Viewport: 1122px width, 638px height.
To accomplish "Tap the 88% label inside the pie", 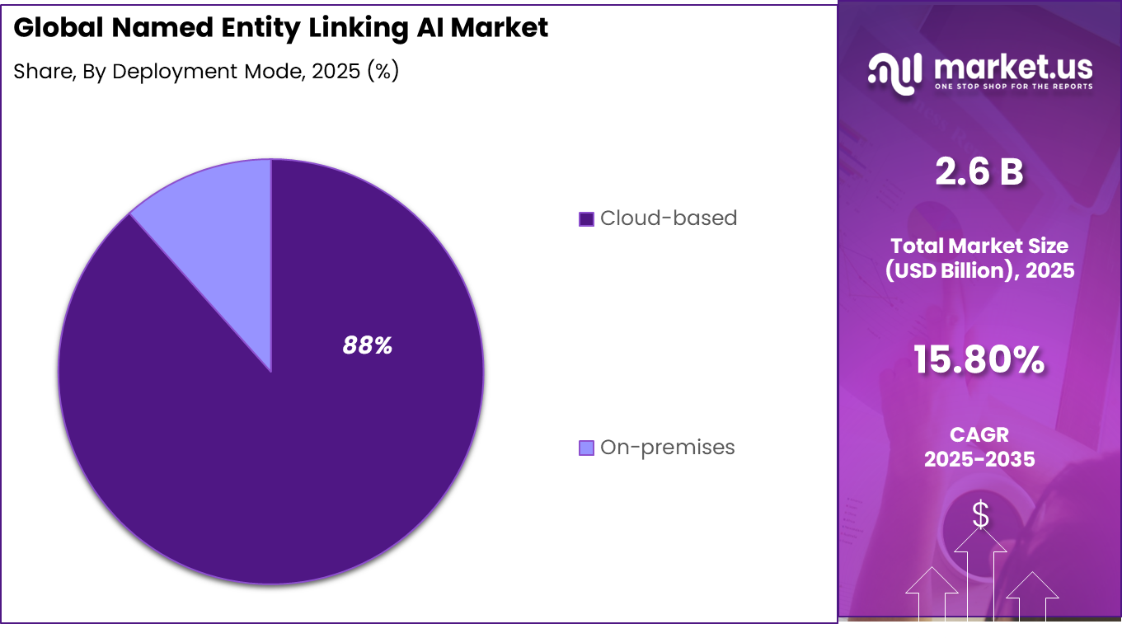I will click(367, 345).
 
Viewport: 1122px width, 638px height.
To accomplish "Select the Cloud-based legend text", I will click(668, 218).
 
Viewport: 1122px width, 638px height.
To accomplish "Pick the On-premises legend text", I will click(667, 448).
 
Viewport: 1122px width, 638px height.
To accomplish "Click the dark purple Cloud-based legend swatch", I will click(586, 219).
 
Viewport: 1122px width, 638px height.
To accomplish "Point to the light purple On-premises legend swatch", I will click(586, 448).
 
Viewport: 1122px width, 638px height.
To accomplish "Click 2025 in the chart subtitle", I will click(332, 72).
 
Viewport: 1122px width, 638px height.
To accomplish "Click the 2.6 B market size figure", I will click(979, 172).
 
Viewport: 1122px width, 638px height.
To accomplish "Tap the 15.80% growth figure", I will click(979, 360).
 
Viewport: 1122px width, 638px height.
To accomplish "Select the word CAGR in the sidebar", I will click(979, 434).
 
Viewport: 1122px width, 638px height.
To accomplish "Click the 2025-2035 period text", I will click(979, 459).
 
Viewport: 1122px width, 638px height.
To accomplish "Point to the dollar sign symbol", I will click(980, 514).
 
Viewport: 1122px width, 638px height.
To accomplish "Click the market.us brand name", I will click(1013, 66).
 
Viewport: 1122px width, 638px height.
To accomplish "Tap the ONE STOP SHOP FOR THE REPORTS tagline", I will click(1013, 86).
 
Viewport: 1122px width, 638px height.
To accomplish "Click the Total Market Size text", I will click(979, 246).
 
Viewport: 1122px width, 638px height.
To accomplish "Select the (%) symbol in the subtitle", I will click(383, 72).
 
